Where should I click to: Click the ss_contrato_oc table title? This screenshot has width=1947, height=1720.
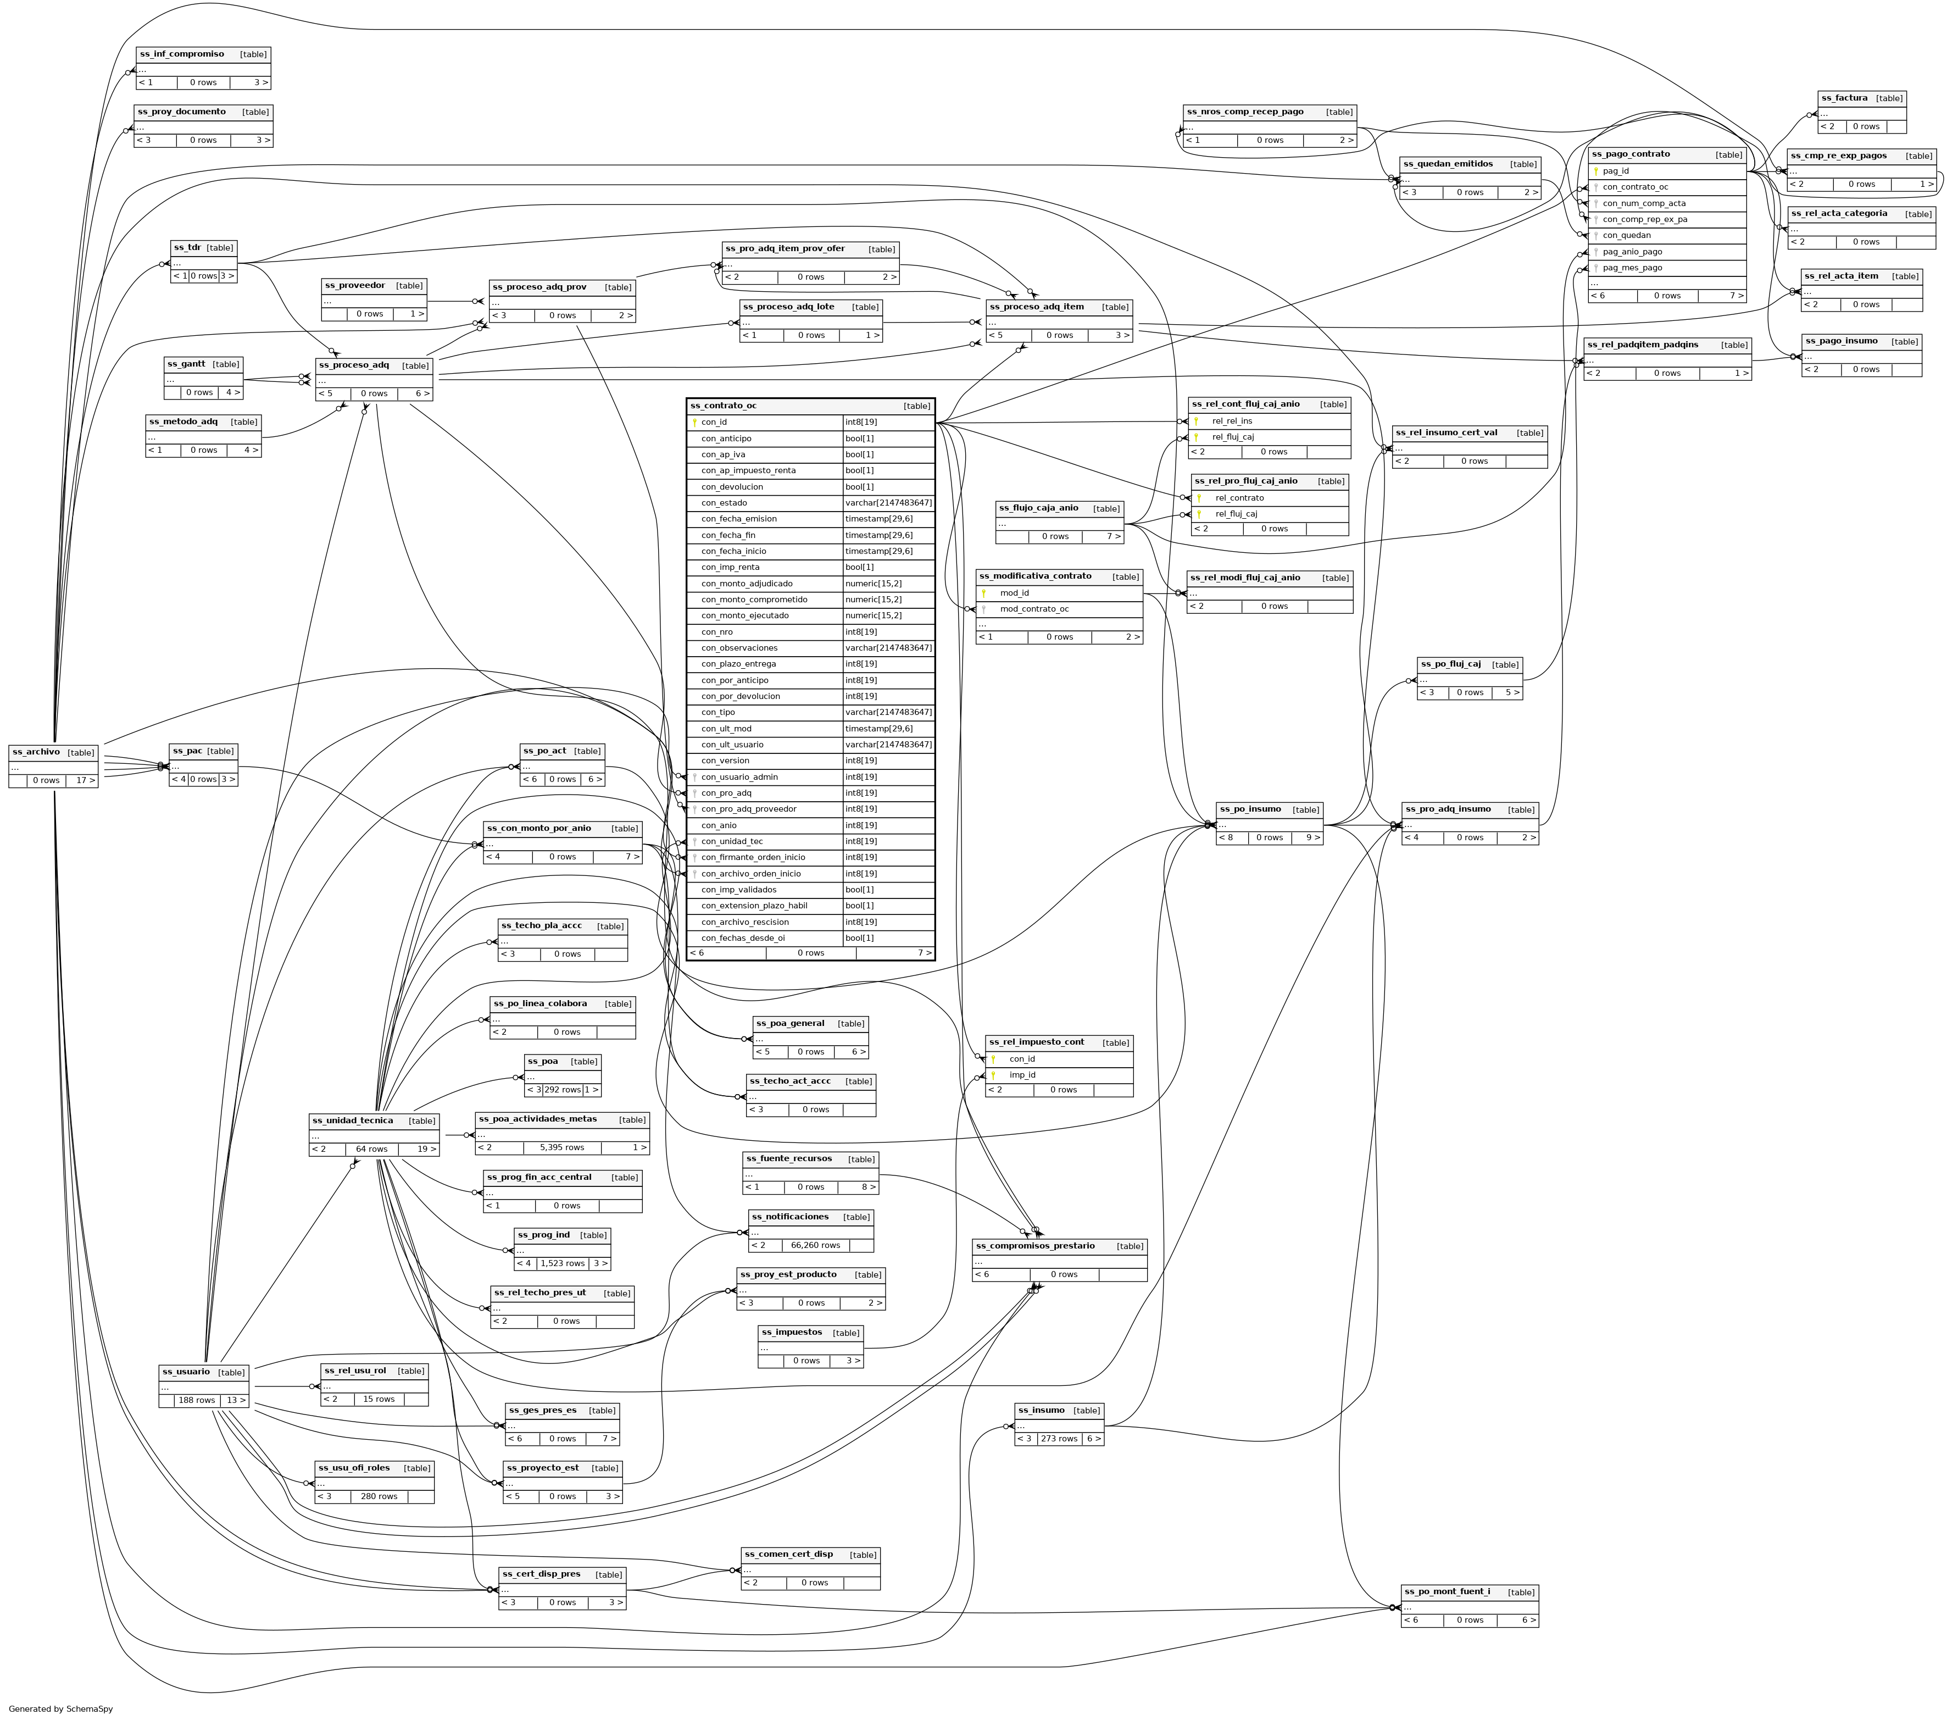click(724, 406)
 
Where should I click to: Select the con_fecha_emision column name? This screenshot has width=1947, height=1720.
click(739, 518)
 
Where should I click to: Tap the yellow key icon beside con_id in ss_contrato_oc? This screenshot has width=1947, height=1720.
click(694, 422)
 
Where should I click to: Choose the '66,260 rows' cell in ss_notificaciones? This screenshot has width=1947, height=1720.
click(815, 1245)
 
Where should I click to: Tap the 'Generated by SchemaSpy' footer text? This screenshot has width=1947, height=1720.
click(61, 1708)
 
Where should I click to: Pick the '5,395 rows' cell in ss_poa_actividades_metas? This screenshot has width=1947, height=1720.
click(561, 1147)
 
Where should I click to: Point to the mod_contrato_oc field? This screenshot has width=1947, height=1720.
click(1034, 609)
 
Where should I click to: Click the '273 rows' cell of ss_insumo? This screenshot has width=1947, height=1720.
click(1059, 1439)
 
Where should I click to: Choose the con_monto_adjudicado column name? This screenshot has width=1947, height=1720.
click(747, 583)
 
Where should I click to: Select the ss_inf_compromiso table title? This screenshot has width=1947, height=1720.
click(182, 54)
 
